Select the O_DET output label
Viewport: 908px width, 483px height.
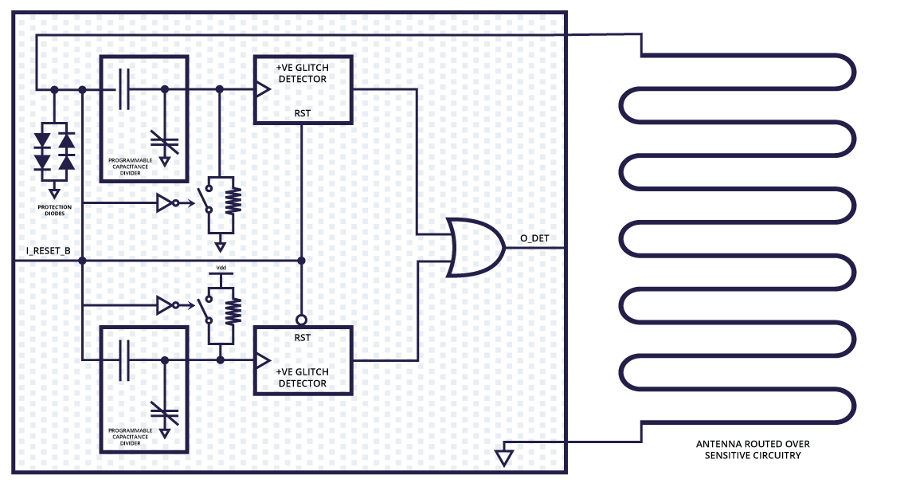click(x=534, y=238)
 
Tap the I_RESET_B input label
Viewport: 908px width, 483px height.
click(x=49, y=252)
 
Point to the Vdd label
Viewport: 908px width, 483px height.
click(x=221, y=267)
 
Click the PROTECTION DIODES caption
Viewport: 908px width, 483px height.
click(x=54, y=210)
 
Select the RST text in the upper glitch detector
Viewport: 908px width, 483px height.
click(x=302, y=113)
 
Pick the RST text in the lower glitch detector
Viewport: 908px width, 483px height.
click(x=302, y=337)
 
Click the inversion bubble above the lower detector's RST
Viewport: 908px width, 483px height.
click(x=302, y=320)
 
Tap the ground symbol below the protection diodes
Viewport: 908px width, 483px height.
click(x=54, y=193)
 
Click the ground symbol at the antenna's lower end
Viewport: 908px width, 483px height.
click(x=503, y=458)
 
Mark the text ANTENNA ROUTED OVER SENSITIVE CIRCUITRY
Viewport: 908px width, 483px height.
click(x=753, y=450)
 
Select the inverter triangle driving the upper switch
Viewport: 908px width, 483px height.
click(x=164, y=203)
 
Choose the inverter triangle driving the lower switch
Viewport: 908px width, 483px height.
click(x=164, y=305)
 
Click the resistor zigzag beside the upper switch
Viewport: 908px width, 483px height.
click(x=233, y=202)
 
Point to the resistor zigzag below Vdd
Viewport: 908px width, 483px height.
click(x=233, y=311)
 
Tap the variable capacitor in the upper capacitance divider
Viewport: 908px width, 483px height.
click(x=165, y=143)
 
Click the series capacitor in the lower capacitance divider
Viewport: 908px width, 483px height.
click(x=123, y=359)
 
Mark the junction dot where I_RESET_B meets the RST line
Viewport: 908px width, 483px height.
click(x=301, y=261)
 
